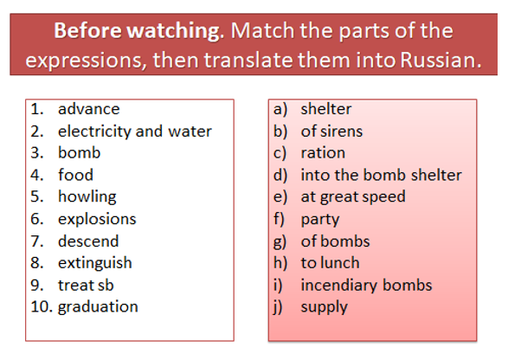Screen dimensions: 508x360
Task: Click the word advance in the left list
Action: tap(89, 109)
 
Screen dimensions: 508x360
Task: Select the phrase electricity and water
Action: tap(135, 132)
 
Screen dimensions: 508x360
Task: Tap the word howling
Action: tap(87, 197)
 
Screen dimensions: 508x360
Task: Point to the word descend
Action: tap(88, 241)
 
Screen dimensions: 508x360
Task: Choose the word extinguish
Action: tap(95, 263)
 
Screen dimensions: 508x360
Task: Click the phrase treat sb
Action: tap(86, 286)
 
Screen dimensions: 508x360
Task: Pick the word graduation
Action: tap(98, 307)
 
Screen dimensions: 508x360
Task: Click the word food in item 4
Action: tap(76, 175)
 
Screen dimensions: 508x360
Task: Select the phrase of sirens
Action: tap(331, 132)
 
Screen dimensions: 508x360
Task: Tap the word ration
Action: tap(323, 153)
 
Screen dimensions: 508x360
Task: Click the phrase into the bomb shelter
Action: tap(382, 175)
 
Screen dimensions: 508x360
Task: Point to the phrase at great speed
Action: tap(353, 197)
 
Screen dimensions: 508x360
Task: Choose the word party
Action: tap(320, 220)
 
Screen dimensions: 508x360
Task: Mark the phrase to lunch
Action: tap(330, 263)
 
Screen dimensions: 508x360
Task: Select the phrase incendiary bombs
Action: tap(366, 286)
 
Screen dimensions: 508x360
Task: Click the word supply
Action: tap(325, 307)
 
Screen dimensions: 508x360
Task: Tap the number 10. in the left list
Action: tap(42, 306)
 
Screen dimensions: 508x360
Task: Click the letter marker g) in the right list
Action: tap(280, 241)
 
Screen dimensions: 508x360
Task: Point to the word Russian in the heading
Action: tap(441, 61)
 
